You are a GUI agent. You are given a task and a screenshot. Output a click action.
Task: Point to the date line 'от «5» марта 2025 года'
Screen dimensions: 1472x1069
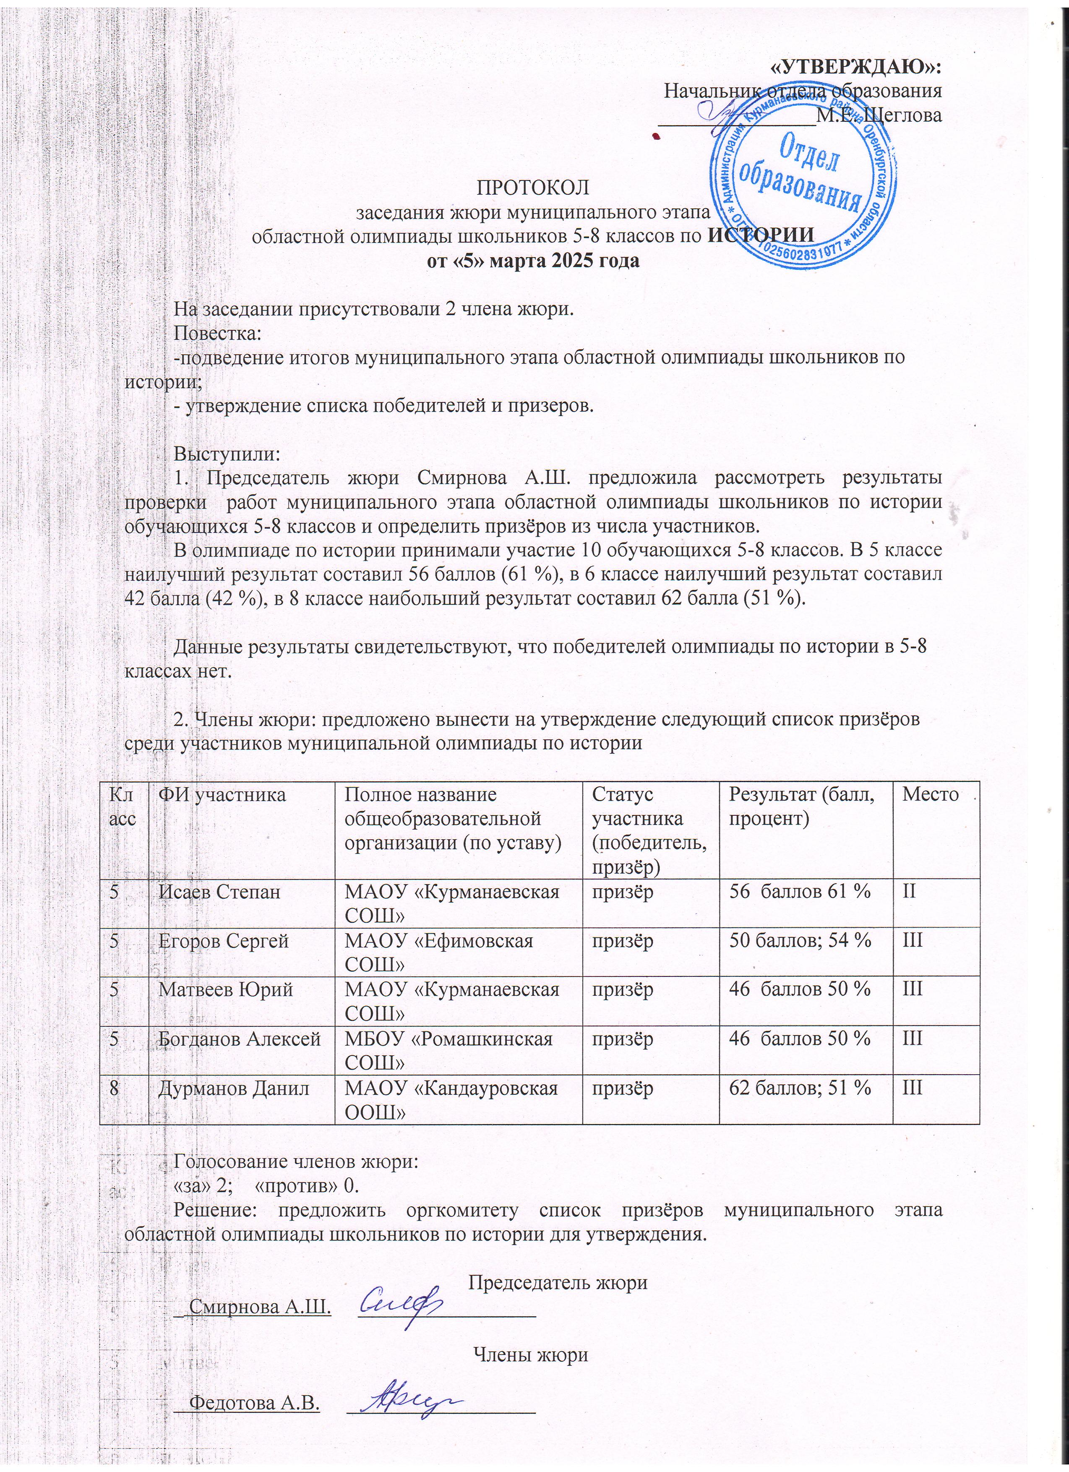click(x=534, y=261)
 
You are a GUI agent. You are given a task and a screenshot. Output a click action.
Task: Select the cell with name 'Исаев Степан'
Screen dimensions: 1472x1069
click(x=220, y=891)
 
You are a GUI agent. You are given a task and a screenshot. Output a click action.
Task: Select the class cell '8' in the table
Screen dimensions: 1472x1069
click(x=114, y=1088)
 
